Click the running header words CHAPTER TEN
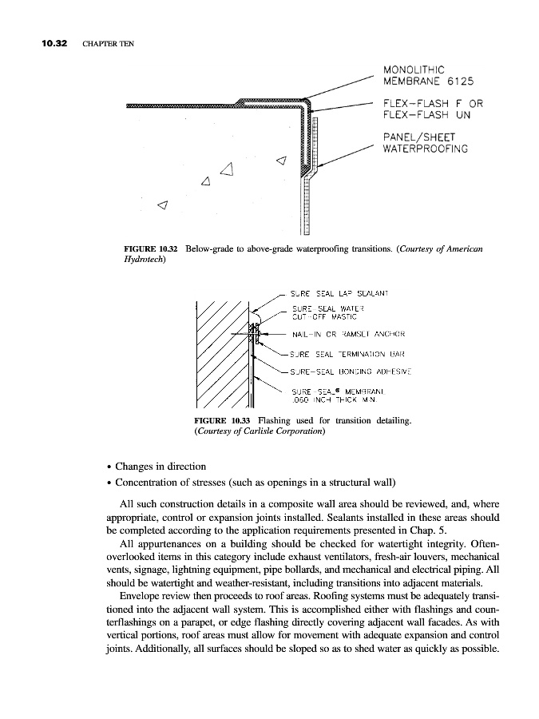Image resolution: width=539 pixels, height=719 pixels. (106, 42)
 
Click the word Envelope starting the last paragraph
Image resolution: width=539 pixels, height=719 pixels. (143, 596)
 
